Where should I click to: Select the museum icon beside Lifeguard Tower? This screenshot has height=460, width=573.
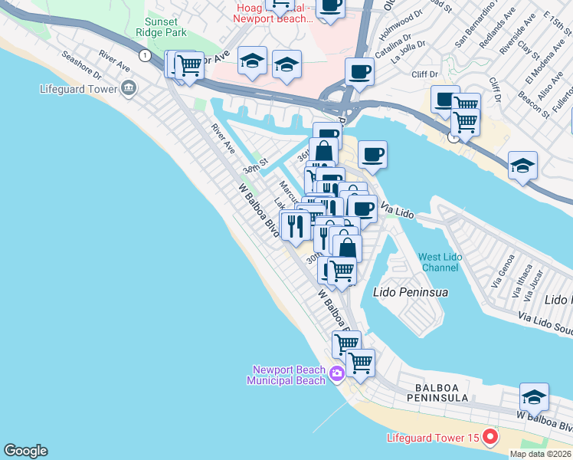coord(128,87)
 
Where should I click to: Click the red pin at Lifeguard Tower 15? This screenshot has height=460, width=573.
coord(490,438)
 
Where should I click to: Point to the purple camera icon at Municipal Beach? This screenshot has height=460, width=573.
coord(337,374)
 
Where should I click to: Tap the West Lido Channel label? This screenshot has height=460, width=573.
coord(440,263)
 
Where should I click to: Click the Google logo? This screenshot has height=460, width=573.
coord(25,451)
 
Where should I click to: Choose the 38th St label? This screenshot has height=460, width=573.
coord(256,166)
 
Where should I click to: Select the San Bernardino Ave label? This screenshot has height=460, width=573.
coord(473,28)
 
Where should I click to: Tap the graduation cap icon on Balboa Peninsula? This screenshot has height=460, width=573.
coord(534,397)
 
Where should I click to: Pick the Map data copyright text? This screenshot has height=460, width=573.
coord(540,454)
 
